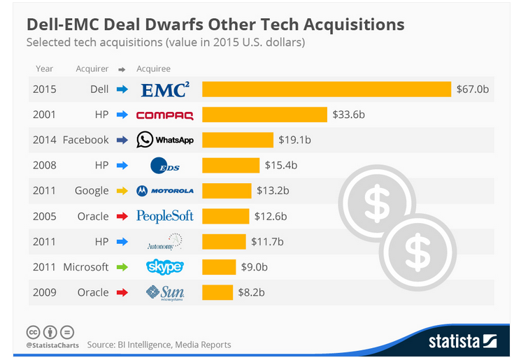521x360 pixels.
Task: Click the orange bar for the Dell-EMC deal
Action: (x=327, y=89)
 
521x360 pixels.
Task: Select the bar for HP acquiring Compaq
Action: (x=264, y=115)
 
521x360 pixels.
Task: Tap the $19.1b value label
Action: (x=295, y=140)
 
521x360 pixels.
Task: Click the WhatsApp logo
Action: (x=165, y=140)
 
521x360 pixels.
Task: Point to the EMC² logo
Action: (x=165, y=89)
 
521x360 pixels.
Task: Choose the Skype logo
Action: (x=165, y=267)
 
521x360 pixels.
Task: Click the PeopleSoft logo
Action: (x=165, y=216)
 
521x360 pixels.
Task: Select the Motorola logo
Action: (x=165, y=191)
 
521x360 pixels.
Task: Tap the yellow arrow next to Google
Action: (x=122, y=191)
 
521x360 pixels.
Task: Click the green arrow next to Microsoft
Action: (x=122, y=267)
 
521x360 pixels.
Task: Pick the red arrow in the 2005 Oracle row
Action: (x=122, y=216)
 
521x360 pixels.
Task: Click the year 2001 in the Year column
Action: (x=43, y=115)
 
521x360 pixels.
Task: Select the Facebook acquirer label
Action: (x=85, y=140)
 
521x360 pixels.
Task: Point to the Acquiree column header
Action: (x=154, y=69)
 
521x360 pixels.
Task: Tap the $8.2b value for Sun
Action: (x=254, y=292)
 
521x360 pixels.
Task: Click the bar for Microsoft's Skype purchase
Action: (x=219, y=267)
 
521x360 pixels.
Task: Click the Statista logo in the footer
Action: (x=462, y=341)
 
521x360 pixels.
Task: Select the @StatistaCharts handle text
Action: (x=52, y=345)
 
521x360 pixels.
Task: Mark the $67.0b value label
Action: (x=473, y=89)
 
